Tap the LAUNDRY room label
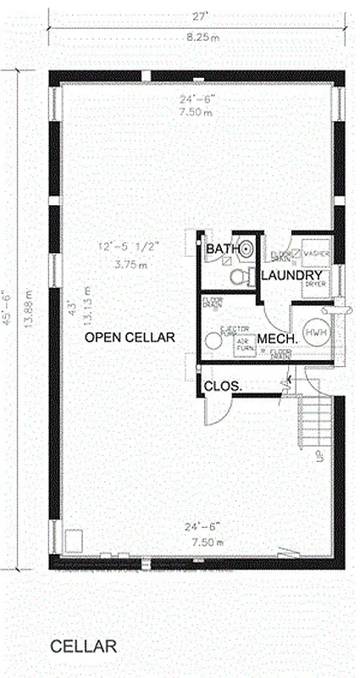coord(291,276)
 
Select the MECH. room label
coord(276,339)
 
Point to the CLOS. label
coord(223,386)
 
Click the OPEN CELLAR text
coord(130,337)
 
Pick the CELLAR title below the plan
coord(83,647)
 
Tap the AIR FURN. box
coord(244,346)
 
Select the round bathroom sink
coord(246,249)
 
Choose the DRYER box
coord(315,283)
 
